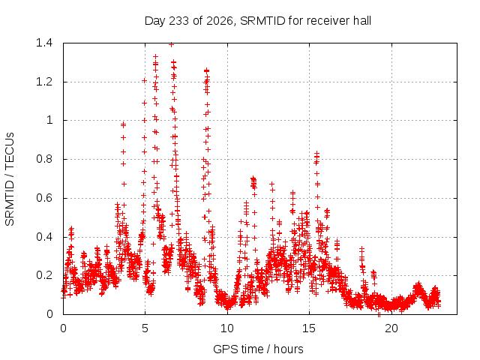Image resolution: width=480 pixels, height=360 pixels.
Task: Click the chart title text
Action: (x=258, y=21)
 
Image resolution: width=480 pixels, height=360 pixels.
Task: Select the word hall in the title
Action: (x=362, y=21)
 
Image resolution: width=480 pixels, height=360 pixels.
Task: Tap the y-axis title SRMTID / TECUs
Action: (x=10, y=179)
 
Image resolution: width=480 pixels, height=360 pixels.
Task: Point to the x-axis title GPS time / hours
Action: (x=258, y=349)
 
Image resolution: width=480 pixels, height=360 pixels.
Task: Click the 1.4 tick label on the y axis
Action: (x=44, y=43)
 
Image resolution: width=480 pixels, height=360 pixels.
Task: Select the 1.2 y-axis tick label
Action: (x=44, y=82)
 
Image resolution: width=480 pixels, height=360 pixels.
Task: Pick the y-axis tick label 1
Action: (x=49, y=120)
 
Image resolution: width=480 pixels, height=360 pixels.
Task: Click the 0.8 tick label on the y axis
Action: (x=44, y=159)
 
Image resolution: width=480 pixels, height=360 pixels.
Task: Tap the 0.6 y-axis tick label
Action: (x=44, y=198)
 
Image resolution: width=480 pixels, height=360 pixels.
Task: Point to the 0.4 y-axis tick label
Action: (x=44, y=237)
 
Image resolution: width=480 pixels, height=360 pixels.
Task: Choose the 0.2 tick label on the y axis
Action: (x=44, y=275)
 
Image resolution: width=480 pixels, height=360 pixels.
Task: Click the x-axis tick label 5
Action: (x=145, y=328)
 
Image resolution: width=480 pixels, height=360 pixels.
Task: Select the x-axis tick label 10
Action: (x=227, y=328)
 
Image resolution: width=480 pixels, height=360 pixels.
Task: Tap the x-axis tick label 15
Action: (x=309, y=328)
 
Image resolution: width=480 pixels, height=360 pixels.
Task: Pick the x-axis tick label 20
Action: (x=391, y=328)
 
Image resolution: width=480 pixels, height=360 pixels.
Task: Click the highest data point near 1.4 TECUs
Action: (x=172, y=45)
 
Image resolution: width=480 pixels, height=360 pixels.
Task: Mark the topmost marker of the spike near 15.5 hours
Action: (x=316, y=153)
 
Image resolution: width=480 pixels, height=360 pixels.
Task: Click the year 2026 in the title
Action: (x=220, y=21)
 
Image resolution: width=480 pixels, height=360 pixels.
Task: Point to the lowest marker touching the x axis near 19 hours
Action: (x=379, y=314)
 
